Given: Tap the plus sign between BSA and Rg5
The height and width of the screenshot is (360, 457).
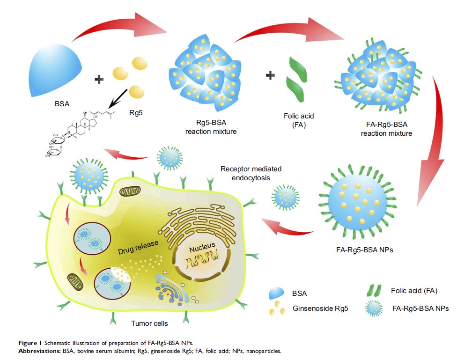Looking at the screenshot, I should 99,79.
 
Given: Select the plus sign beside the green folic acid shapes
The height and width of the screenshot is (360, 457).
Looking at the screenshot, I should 270,74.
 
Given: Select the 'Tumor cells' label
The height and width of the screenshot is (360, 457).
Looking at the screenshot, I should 149,323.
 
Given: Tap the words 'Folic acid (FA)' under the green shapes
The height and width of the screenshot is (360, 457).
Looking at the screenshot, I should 295,120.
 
